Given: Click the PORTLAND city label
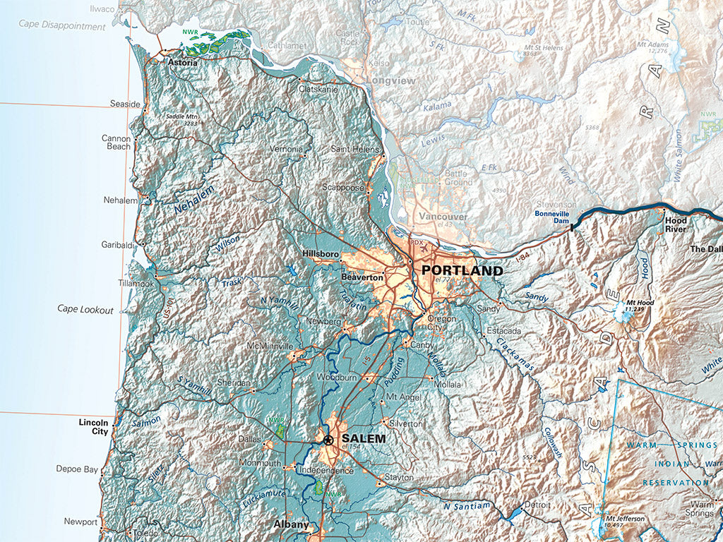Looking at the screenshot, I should point(462,271).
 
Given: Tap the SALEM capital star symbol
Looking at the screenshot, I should point(328,439).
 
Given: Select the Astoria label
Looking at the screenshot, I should point(181,62).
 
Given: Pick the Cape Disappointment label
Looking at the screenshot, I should point(62,26).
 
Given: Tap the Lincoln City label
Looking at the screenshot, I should point(93,426).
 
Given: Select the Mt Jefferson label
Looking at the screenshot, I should point(624,519).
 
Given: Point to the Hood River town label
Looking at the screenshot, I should point(676,224).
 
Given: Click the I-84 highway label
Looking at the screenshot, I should point(522,259).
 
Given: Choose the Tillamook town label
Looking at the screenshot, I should point(136,284).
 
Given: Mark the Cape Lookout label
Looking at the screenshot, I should point(85,309).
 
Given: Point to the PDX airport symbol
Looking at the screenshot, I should point(417,243).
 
